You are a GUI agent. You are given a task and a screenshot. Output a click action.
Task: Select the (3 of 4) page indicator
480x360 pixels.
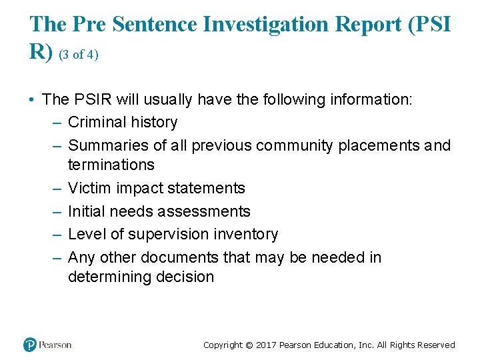[x=79, y=55]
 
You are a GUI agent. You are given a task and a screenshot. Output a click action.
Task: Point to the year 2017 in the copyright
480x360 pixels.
[x=266, y=345]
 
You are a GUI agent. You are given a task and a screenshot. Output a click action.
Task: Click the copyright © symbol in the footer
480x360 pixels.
[x=249, y=345]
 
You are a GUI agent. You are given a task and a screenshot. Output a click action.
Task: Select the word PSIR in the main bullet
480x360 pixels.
[x=93, y=100]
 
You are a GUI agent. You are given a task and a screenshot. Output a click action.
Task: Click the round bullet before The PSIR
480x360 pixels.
[x=31, y=100]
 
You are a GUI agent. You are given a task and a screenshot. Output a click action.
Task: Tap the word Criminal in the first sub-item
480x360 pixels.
[x=96, y=123]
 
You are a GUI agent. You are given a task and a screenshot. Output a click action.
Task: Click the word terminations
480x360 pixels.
[x=111, y=165]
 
